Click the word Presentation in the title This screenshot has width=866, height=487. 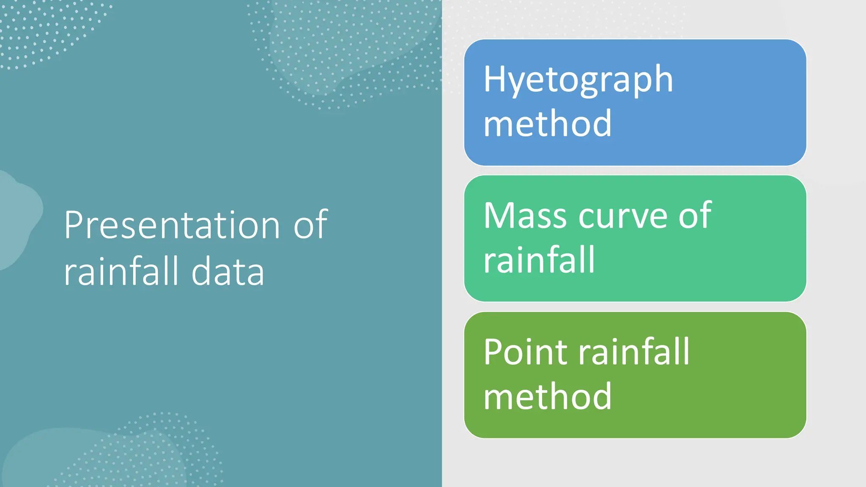click(x=172, y=225)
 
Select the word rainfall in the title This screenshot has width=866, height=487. click(x=121, y=271)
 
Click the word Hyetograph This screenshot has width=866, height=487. click(x=578, y=80)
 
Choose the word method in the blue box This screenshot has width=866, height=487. click(x=547, y=123)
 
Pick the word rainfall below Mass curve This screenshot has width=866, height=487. click(x=539, y=260)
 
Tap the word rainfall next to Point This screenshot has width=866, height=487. click(x=634, y=352)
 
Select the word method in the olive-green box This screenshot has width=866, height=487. click(x=547, y=397)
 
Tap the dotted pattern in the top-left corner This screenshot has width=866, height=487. click(x=42, y=30)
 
